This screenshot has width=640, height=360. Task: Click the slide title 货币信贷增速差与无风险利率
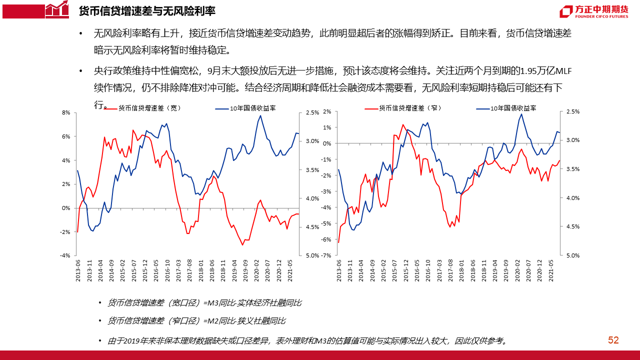(x=147, y=10)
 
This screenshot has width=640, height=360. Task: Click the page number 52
(x=613, y=340)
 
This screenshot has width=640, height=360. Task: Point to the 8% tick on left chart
(x=65, y=113)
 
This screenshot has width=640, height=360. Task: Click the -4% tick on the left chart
(x=65, y=255)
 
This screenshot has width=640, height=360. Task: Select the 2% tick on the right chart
(x=327, y=112)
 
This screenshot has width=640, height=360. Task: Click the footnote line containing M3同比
(x=205, y=303)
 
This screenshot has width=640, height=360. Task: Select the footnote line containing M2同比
(x=197, y=320)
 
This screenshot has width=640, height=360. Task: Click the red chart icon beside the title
(x=56, y=9)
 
